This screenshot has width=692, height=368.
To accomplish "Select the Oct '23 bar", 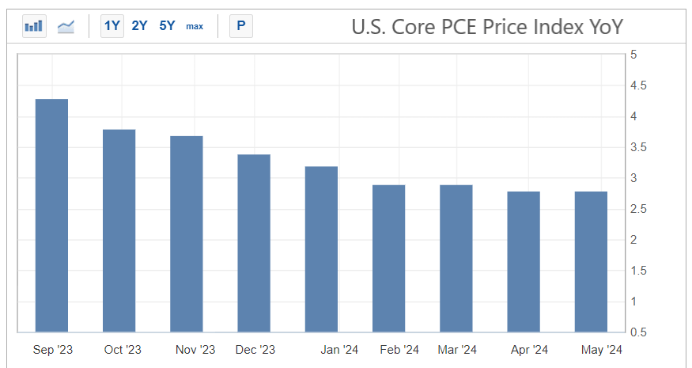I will point(119,230).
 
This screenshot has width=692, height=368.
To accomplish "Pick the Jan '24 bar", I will point(321,249).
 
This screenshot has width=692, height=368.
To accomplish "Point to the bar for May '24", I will point(591,261).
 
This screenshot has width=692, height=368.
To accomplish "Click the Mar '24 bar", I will point(456,258).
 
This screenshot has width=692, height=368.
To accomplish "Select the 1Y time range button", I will point(112,26).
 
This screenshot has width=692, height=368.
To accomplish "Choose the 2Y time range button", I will point(140,26).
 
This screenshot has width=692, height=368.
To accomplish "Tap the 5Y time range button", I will point(167,26).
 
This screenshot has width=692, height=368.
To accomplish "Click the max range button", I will point(195,26).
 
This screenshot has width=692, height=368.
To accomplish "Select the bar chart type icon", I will point(34,26).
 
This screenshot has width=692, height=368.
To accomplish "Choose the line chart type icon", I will point(66,26).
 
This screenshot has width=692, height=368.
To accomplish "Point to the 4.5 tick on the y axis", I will point(637,85).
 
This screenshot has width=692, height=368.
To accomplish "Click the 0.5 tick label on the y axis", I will point(637,332).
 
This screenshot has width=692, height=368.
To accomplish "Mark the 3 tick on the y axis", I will point(634,178).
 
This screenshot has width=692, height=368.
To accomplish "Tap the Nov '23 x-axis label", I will point(195,350).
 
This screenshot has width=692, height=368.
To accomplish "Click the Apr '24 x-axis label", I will point(529,350).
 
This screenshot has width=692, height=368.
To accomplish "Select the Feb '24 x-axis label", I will point(399,350).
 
